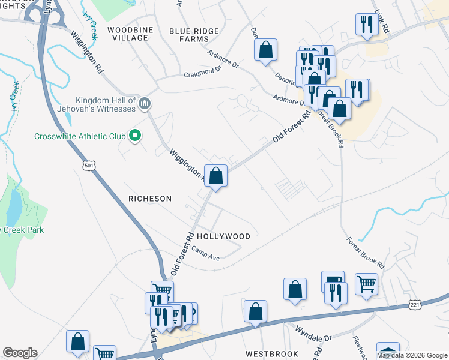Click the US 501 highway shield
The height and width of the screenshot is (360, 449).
[89, 164]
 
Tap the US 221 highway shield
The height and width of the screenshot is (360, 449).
[415, 305]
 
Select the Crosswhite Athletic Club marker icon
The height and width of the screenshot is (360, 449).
[135, 136]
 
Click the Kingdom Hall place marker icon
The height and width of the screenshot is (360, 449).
[143, 104]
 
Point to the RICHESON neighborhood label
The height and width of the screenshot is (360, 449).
[150, 199]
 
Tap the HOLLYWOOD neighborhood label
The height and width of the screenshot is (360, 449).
[223, 236]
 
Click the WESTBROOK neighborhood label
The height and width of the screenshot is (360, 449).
[271, 354]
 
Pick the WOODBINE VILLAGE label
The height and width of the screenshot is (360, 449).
[127, 34]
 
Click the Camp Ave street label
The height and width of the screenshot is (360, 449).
[206, 254]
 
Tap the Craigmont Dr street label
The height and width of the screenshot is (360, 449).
[202, 71]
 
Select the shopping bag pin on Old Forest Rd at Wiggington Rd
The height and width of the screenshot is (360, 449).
[217, 176]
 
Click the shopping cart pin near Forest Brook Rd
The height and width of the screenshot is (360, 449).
[366, 284]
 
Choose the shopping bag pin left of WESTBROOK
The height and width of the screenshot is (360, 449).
[255, 311]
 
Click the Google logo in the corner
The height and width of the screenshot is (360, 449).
[20, 353]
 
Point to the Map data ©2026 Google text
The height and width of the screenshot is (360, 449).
[411, 355]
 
